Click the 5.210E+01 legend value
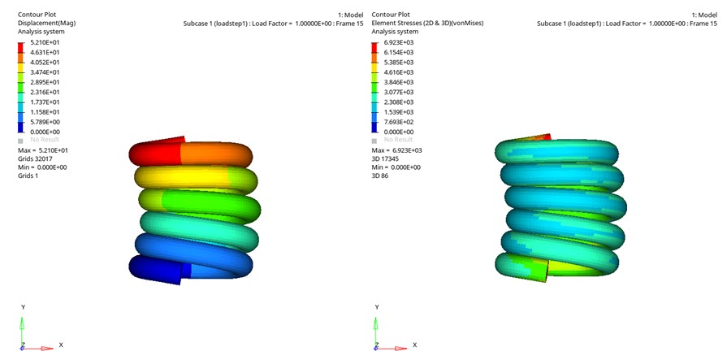pyautogui.click(x=45, y=42)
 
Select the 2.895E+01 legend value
pyautogui.click(x=45, y=82)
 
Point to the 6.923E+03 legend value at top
pyautogui.click(x=399, y=42)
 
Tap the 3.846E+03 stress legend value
pyautogui.click(x=399, y=82)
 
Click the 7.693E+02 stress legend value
pyautogui.click(x=399, y=122)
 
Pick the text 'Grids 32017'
pyautogui.click(x=36, y=158)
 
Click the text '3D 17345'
pyautogui.click(x=387, y=158)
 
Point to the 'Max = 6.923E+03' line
pyautogui.click(x=396, y=150)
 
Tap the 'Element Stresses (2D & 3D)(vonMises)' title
pyautogui.click(x=427, y=24)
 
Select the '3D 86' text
pyautogui.click(x=380, y=175)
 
